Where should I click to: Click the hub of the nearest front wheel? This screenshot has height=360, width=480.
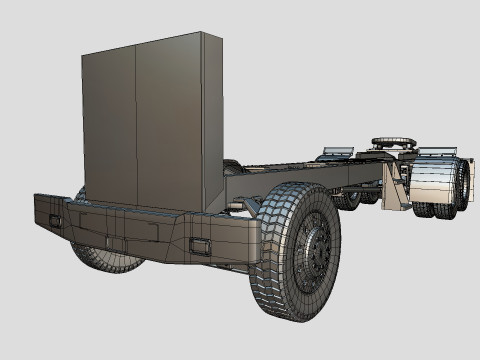tap(316, 250)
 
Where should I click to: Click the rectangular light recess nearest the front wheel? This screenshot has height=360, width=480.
tap(200, 247)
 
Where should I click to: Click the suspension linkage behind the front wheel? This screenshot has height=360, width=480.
tap(250, 205)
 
